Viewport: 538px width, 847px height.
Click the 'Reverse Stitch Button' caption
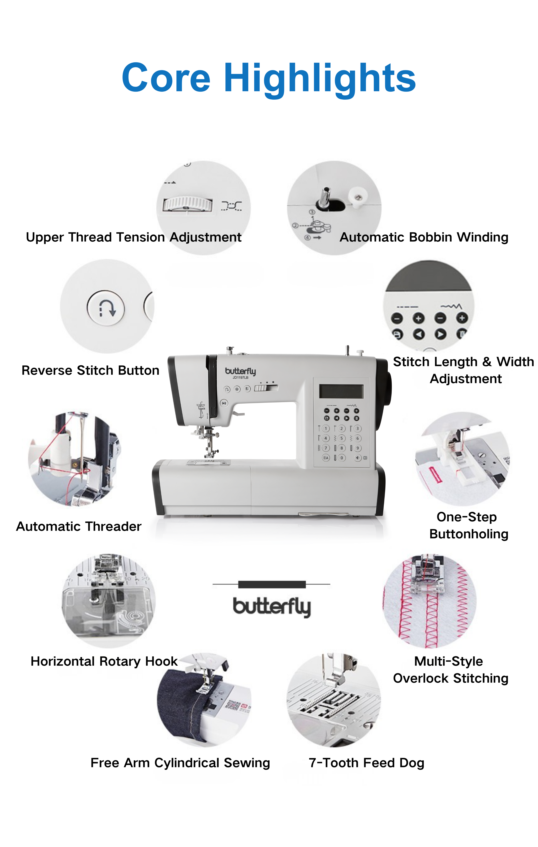click(90, 370)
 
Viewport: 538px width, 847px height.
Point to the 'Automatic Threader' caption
click(79, 526)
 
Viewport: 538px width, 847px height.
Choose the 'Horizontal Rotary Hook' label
click(104, 662)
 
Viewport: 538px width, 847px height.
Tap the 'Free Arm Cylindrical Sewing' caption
click(180, 763)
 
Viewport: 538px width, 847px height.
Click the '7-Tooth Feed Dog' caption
click(366, 763)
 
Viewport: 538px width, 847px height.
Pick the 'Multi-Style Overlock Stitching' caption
click(451, 670)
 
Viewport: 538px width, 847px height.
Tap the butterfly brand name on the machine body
click(241, 371)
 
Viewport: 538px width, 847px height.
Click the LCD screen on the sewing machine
click(341, 391)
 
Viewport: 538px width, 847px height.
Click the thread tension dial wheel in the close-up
click(188, 204)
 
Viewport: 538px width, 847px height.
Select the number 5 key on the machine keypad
click(341, 438)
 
